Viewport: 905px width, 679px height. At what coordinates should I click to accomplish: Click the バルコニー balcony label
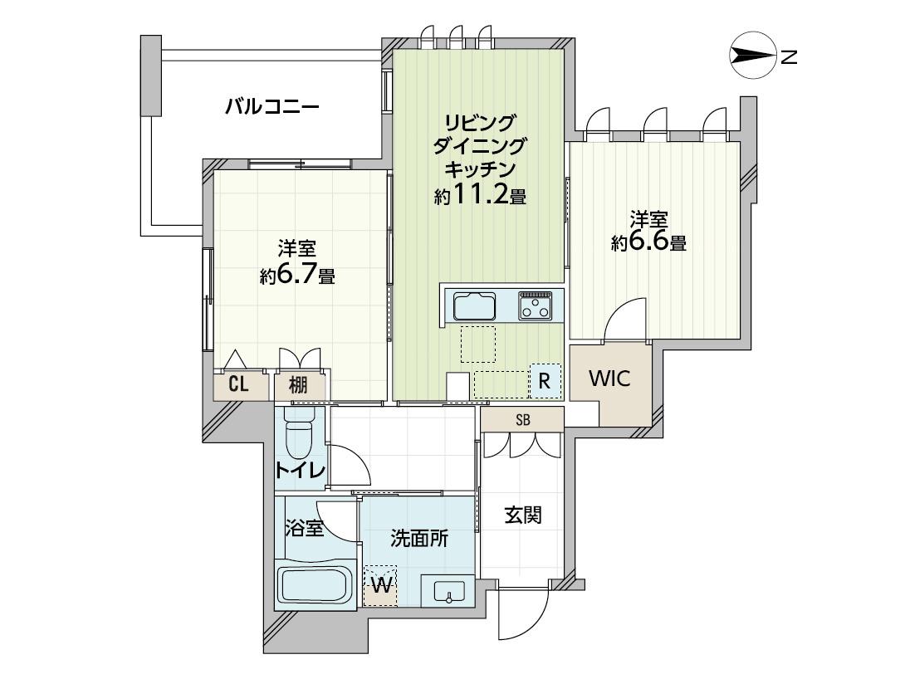tap(272, 107)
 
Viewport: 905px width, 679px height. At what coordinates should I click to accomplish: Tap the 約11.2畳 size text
tap(480, 196)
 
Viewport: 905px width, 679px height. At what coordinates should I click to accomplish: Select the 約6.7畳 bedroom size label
tap(297, 276)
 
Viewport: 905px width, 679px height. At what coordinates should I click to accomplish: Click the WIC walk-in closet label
tap(609, 379)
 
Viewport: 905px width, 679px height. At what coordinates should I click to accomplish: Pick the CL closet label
tap(238, 384)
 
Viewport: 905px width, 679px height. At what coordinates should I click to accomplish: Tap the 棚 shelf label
tap(298, 384)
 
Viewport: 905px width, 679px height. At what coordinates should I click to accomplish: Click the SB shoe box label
tap(523, 420)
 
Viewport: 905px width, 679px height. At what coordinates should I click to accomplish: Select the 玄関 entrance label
tap(524, 515)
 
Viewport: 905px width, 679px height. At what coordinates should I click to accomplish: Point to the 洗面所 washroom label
tap(419, 538)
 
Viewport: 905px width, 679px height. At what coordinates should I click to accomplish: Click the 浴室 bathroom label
tap(304, 528)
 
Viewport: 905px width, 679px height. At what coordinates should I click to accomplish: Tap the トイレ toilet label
tap(300, 470)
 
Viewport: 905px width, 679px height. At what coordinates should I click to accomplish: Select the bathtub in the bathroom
tap(315, 585)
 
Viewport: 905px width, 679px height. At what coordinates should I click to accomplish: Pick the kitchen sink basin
tap(474, 305)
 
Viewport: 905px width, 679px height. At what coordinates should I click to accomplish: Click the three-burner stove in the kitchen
tap(535, 305)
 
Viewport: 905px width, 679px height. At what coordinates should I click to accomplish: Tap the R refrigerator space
tap(545, 381)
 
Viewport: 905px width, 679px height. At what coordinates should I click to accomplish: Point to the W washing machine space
tap(380, 585)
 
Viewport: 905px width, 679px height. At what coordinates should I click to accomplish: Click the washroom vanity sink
tap(448, 591)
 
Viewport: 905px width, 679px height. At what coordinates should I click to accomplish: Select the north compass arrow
tap(752, 56)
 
